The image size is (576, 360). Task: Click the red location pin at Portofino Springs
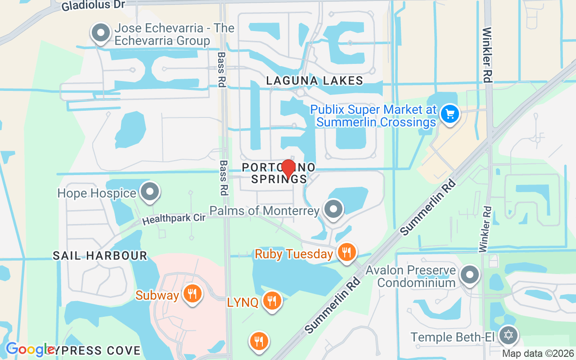(288, 169)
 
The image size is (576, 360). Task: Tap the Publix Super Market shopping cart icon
(449, 113)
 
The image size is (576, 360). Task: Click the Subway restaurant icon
(193, 294)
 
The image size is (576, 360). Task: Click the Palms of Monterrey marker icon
(333, 209)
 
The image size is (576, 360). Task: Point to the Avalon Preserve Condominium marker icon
(470, 274)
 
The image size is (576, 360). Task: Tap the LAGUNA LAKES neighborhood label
(314, 81)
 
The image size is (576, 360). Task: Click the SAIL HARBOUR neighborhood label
(100, 256)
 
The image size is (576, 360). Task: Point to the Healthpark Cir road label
(174, 219)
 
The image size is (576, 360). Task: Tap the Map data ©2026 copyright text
(538, 353)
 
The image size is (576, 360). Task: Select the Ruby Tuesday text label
(294, 254)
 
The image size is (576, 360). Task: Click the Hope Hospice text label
(97, 193)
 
